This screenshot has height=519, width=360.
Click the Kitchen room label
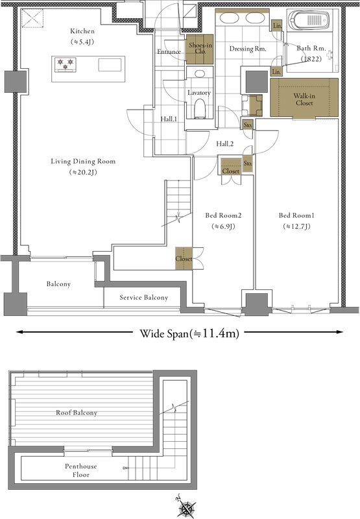[x=82, y=31]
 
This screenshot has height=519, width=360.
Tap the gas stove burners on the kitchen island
[x=65, y=64]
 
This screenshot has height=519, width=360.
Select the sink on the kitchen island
[x=110, y=64]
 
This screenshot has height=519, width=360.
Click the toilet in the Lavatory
[x=200, y=108]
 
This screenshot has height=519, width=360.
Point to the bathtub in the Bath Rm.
[x=309, y=21]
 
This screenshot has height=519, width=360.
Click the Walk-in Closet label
[x=304, y=99]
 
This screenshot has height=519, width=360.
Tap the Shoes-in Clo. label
[x=200, y=48]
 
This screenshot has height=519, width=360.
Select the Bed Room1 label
[x=296, y=215]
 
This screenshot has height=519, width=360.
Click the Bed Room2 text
[x=223, y=215]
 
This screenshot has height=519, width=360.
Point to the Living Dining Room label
[x=83, y=162]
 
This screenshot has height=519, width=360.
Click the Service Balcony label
[x=143, y=298]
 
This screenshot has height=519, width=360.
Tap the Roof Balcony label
[x=77, y=413]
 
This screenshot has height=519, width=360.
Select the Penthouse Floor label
[x=81, y=470]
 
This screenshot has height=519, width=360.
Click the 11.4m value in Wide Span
[x=220, y=333]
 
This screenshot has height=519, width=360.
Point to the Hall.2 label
[x=224, y=144]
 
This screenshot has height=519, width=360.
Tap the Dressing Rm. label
[x=248, y=49]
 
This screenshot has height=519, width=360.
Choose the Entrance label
[x=169, y=52]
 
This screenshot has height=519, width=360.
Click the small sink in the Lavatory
[x=200, y=73]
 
